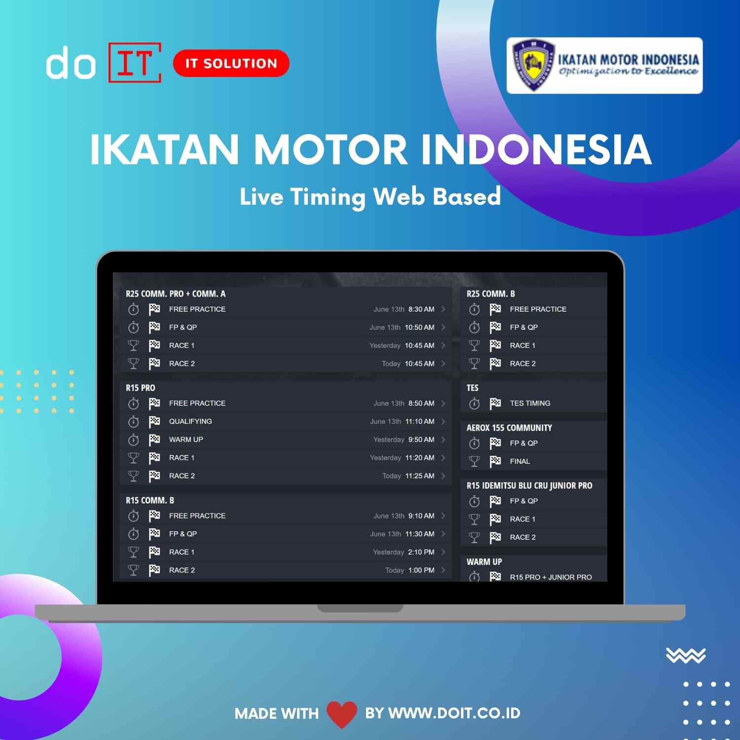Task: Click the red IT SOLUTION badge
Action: [231, 63]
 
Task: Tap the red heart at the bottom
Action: [341, 714]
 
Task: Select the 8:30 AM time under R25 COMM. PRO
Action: [421, 309]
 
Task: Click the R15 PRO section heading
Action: [141, 388]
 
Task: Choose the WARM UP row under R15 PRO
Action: [186, 440]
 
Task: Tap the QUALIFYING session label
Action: [190, 421]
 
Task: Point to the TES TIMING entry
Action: [530, 403]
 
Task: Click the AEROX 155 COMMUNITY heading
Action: [509, 428]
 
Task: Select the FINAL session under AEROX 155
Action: [520, 461]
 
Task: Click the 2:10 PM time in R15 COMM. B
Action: [421, 552]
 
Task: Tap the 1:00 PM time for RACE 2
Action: [421, 570]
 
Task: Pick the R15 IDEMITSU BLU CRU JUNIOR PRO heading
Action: [529, 485]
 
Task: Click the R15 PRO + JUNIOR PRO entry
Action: [551, 577]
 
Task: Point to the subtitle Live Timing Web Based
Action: [370, 196]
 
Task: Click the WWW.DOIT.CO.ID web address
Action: [454, 713]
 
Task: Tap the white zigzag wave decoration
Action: [686, 655]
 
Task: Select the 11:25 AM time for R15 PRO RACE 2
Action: [420, 476]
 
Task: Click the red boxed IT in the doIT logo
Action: [135, 63]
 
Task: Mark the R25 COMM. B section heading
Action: [491, 294]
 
